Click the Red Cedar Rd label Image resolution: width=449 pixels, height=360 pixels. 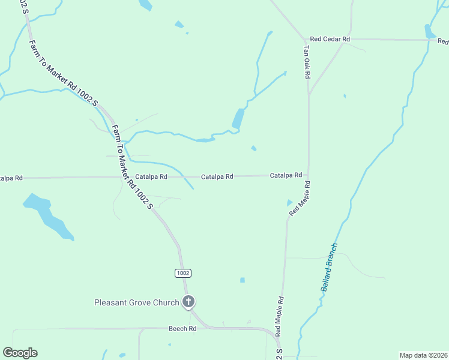[x=330, y=39]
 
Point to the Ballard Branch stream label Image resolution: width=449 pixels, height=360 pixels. [x=329, y=267]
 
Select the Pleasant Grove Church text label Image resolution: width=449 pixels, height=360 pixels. [x=137, y=302]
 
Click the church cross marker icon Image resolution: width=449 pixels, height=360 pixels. [x=188, y=302]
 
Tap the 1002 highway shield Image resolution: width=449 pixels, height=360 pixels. [x=183, y=273]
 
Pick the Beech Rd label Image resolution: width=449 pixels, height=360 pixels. [x=182, y=329]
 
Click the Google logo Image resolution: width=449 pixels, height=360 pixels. [x=20, y=353]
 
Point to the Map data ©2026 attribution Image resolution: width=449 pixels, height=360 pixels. [x=423, y=355]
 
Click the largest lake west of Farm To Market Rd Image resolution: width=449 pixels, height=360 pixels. [x=48, y=216]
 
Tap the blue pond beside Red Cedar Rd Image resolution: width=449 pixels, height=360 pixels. [x=429, y=31]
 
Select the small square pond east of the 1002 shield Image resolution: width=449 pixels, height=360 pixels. [x=243, y=280]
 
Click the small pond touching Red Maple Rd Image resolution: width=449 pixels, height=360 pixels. [x=290, y=203]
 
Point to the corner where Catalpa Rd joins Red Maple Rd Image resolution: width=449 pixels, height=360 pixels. [x=308, y=175]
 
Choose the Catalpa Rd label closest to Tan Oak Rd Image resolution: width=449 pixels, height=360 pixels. [x=286, y=175]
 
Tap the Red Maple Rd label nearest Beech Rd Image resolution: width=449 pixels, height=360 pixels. [x=279, y=316]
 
